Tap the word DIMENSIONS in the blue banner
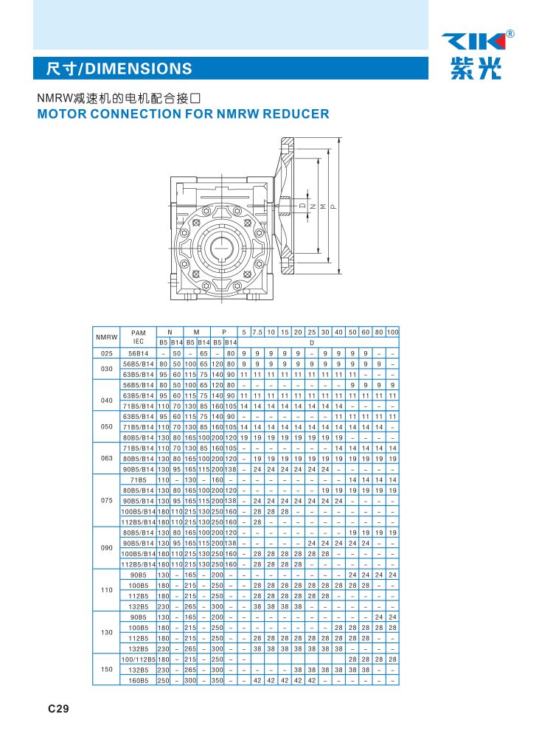pos(139,69)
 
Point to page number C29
pos(58,709)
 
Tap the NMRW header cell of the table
pos(106,337)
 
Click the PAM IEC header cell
pos(138,337)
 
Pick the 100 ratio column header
pos(392,332)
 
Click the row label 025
pos(106,353)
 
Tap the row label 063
pos(106,457)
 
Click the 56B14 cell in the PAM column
pos(138,353)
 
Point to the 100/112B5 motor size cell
pos(138,659)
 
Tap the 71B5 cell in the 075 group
pos(138,479)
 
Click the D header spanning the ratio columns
pos(311,342)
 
